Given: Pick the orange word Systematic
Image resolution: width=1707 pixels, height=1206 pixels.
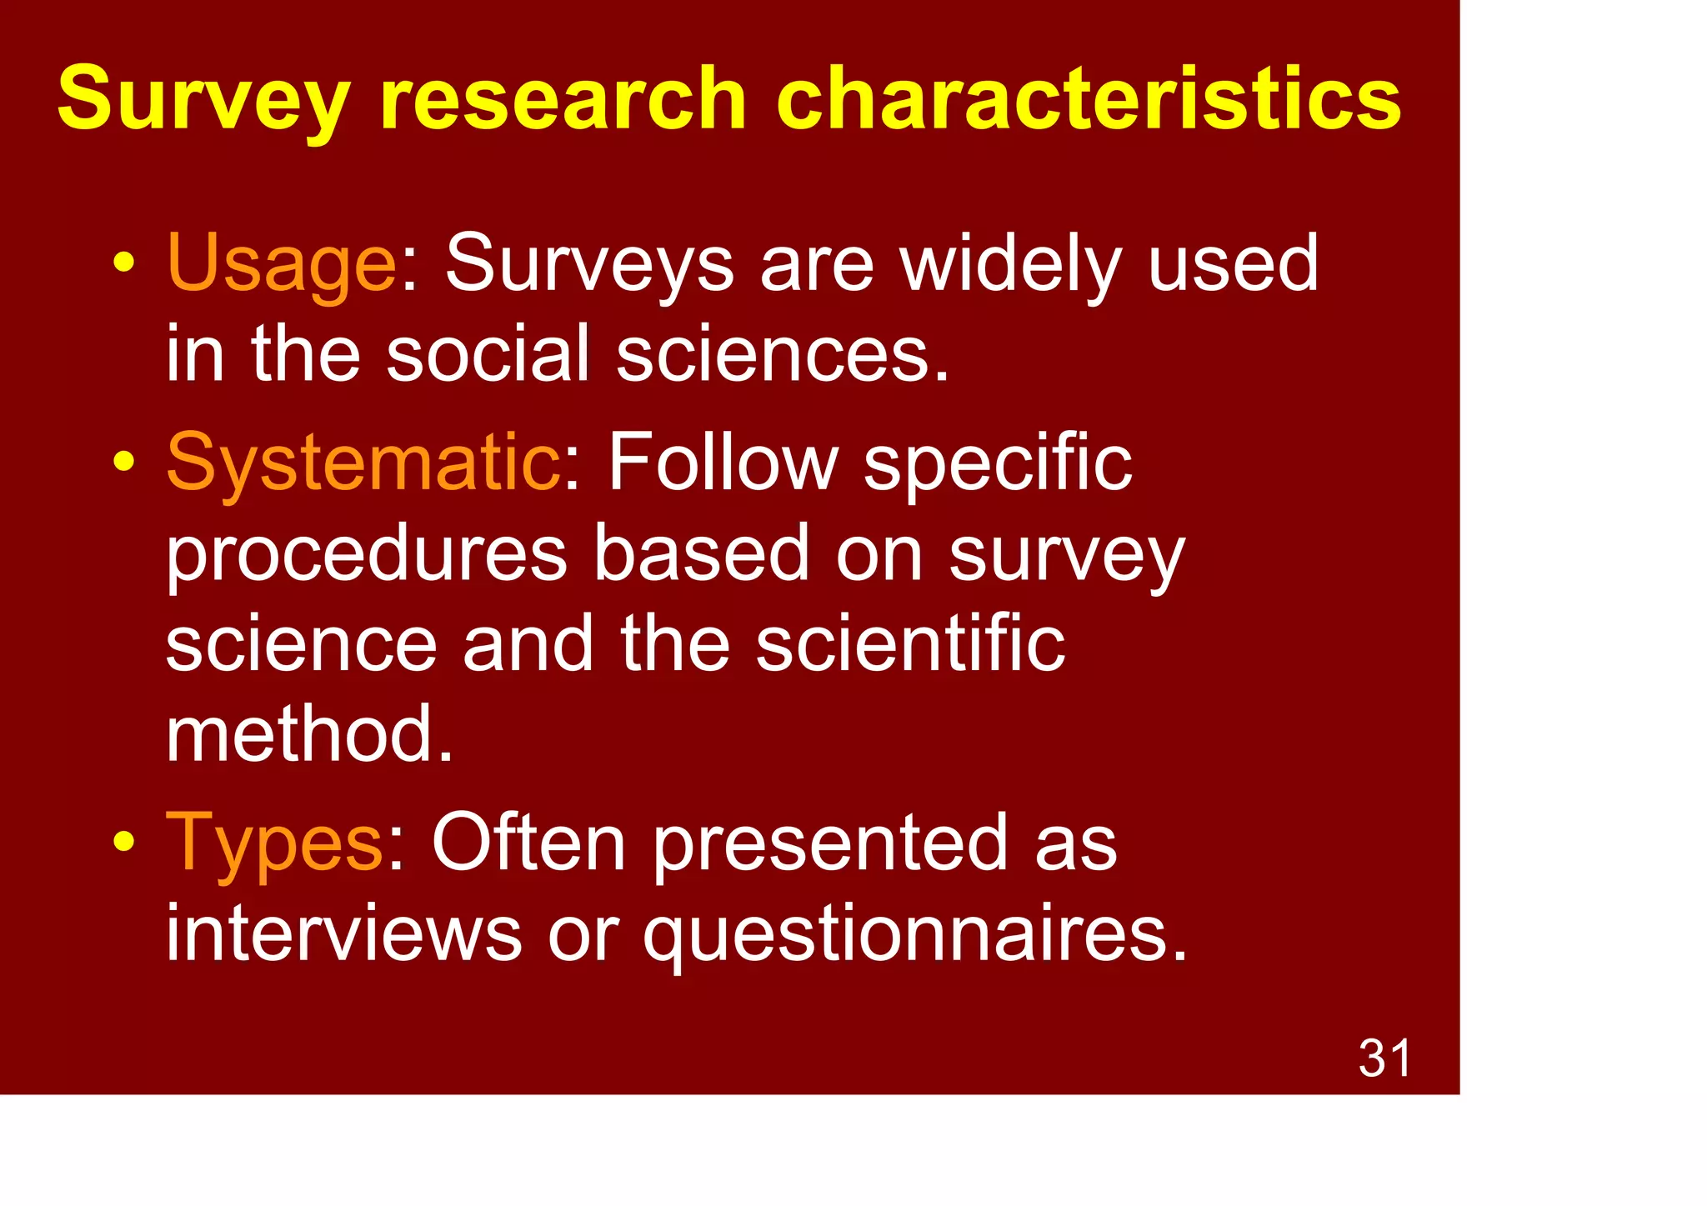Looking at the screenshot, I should point(363,462).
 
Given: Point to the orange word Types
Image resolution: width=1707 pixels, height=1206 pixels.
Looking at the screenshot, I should point(274,843).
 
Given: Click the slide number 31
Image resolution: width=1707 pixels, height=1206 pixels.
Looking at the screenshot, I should point(1384,1058).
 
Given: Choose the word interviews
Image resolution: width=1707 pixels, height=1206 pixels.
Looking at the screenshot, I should point(343,933).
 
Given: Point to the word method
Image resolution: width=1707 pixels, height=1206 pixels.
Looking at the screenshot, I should point(309,734).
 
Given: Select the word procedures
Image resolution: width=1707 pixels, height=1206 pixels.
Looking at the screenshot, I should point(366,555).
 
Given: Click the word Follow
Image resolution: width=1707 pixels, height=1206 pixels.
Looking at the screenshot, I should point(722,462).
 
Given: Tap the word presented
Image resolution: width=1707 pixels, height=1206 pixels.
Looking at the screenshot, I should point(830,843).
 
